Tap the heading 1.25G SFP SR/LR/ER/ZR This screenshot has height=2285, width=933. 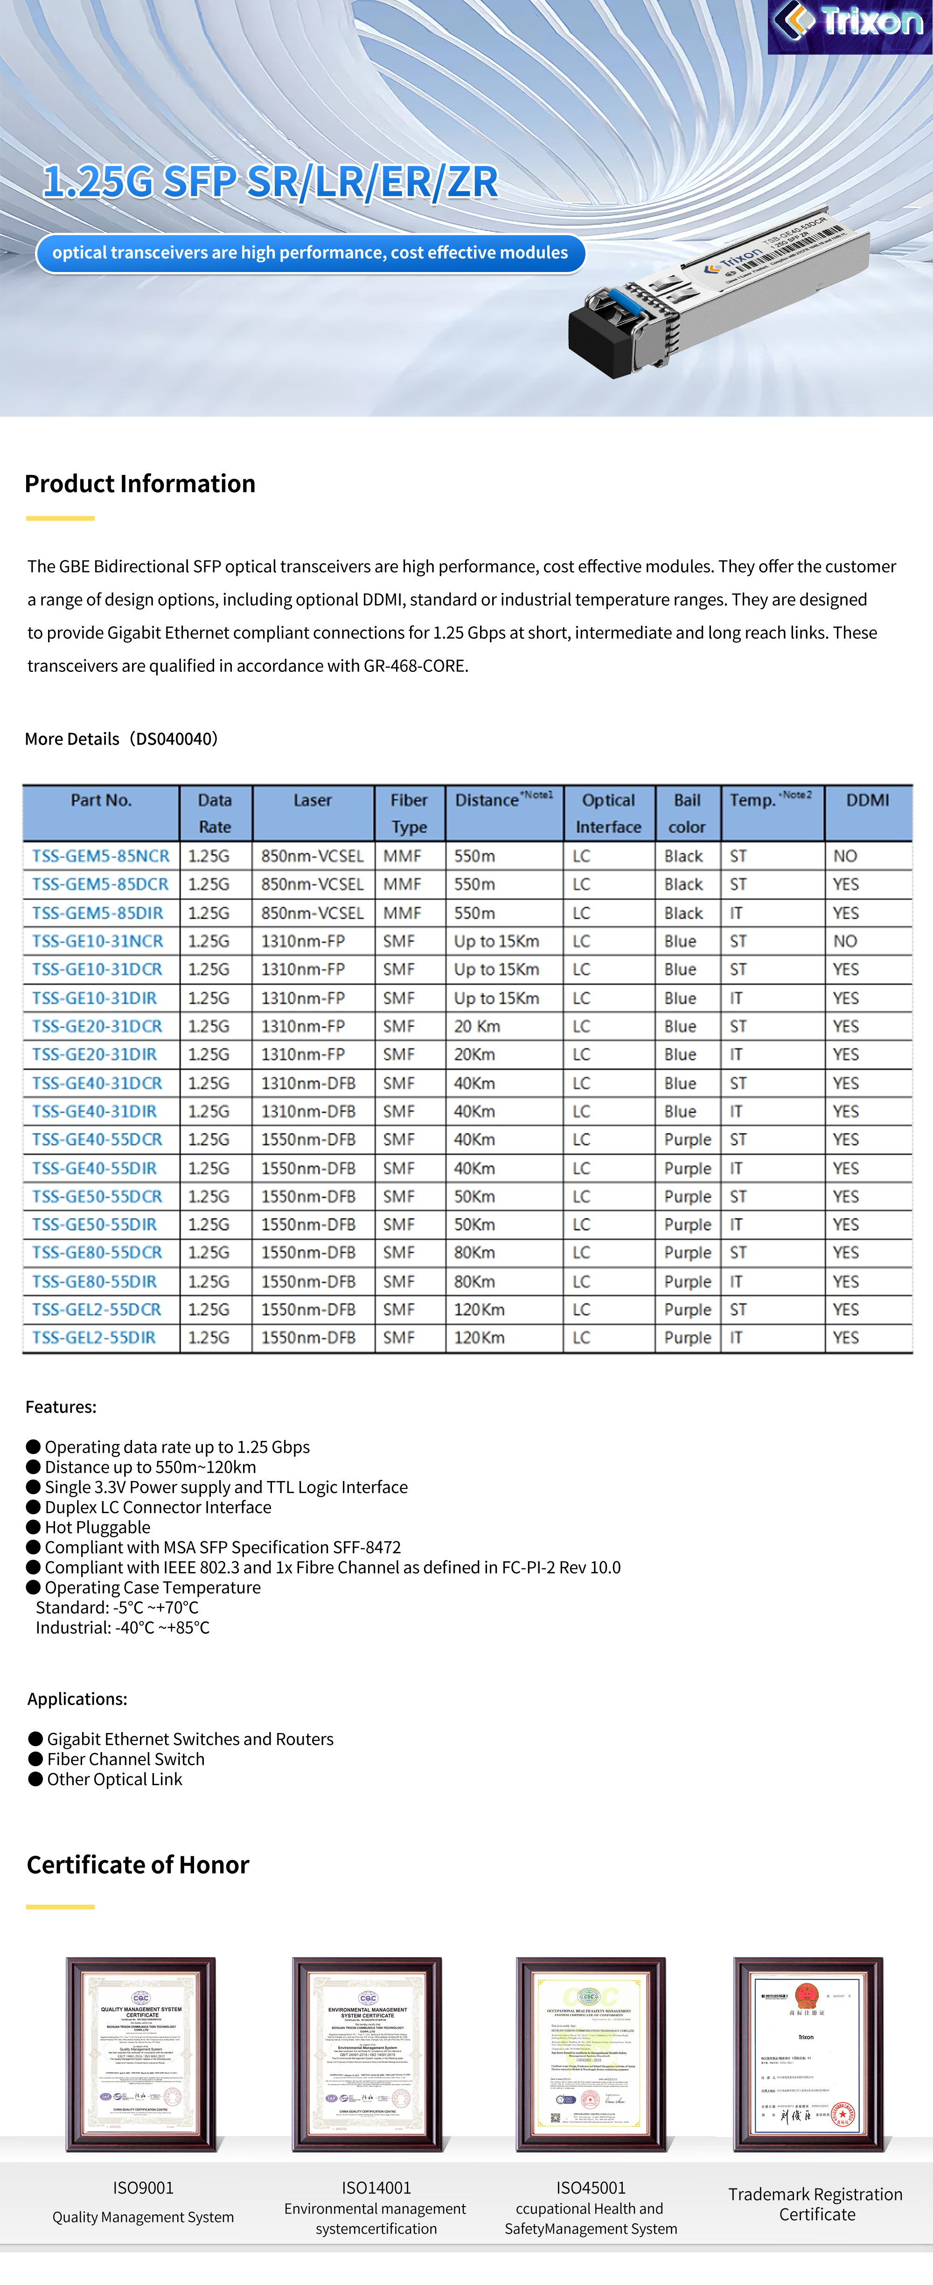[271, 182]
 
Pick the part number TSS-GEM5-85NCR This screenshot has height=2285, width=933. [100, 856]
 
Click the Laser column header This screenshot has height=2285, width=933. [312, 800]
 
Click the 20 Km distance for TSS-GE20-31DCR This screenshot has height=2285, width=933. [477, 1026]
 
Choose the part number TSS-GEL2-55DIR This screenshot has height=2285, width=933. [94, 1338]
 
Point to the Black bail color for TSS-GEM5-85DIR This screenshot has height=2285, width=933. [683, 913]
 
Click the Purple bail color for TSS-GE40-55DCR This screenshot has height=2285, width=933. [687, 1140]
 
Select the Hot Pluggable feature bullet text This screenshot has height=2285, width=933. [97, 1528]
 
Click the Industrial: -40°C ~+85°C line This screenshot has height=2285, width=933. [122, 1628]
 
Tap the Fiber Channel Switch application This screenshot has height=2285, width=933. [126, 1759]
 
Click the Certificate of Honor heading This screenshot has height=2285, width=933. [139, 1865]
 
